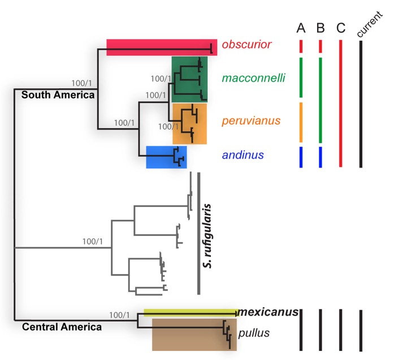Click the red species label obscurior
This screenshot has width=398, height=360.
pos(246,45)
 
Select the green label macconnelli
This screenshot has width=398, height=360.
pos(254,78)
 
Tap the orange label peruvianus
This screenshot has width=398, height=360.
pos(251,121)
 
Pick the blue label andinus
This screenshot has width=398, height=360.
pos(243,155)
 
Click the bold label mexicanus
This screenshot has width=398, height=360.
pos(269,312)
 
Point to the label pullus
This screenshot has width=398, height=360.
pos(254,333)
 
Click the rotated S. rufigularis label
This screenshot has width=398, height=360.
pos(207,236)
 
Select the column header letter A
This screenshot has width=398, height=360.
pos(301,28)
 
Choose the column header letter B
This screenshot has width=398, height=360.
pos(321,28)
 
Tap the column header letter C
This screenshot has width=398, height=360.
pos(341,28)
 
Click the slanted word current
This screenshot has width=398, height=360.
pos(369,24)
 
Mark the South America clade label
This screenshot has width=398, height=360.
pos(58,95)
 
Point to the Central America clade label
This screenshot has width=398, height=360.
pos(62,327)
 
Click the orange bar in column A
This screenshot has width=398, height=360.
pos(301,122)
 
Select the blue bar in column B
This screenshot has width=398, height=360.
pos(321,157)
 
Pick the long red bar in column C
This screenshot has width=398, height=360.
pos(341,104)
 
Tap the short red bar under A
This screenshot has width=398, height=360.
pos(301,46)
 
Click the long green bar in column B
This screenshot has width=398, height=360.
pos(321,100)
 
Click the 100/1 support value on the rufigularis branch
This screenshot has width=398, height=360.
pos(93,241)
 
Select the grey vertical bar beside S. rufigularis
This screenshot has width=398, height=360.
pos(199,233)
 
